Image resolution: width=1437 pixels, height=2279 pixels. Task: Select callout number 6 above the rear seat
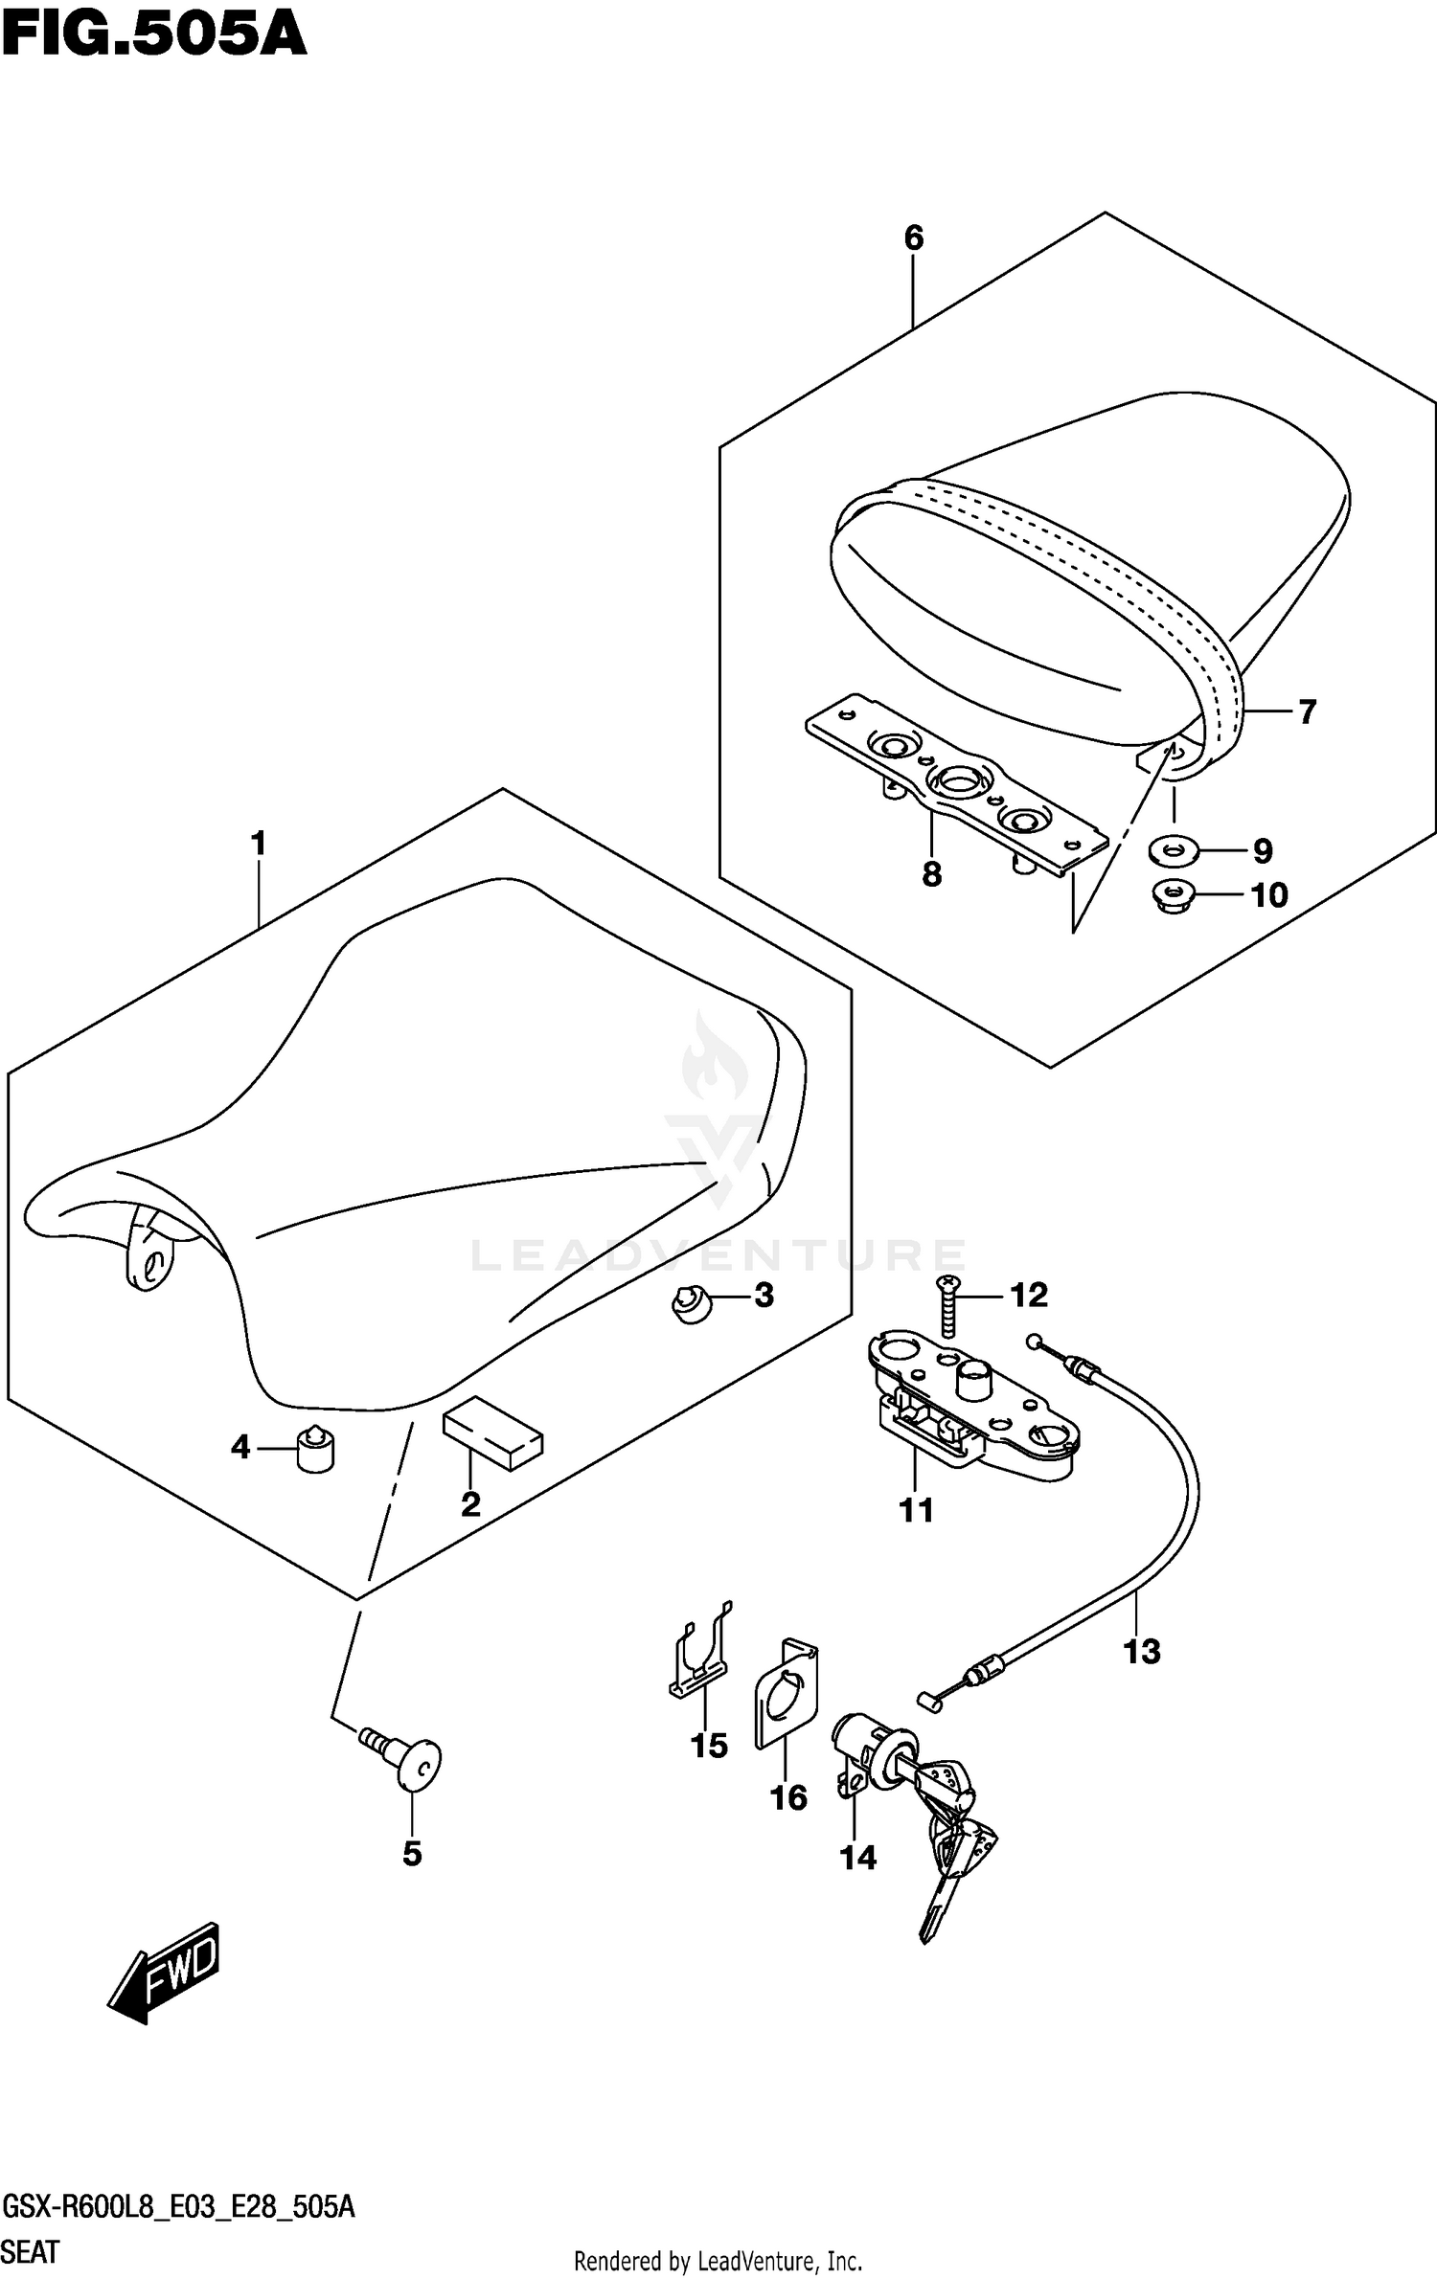pos(913,237)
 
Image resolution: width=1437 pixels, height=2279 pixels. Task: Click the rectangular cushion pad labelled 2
pos(492,1433)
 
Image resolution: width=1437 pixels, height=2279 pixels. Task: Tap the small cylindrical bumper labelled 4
pos(315,1448)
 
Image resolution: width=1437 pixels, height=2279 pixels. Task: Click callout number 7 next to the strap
pos(1307,711)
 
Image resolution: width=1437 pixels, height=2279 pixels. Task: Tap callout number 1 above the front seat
pos(258,844)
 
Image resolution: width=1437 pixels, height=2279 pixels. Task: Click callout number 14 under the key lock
pos(857,1858)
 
